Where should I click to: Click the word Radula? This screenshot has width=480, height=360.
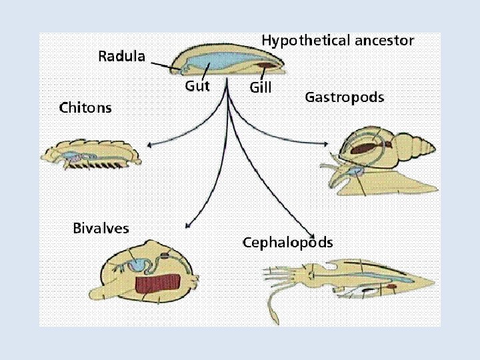click(x=121, y=56)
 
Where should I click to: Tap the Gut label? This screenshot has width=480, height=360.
click(x=197, y=86)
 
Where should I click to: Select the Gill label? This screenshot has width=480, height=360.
click(x=260, y=87)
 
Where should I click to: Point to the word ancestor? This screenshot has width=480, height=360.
click(x=384, y=41)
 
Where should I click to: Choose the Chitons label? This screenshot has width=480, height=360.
click(x=85, y=107)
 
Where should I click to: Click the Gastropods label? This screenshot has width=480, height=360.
click(x=344, y=97)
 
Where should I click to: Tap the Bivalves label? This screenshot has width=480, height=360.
click(x=101, y=229)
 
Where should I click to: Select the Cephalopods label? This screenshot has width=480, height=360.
click(x=287, y=242)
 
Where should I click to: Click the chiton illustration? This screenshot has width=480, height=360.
click(x=91, y=155)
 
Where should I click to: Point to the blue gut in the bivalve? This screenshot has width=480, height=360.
click(x=142, y=265)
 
